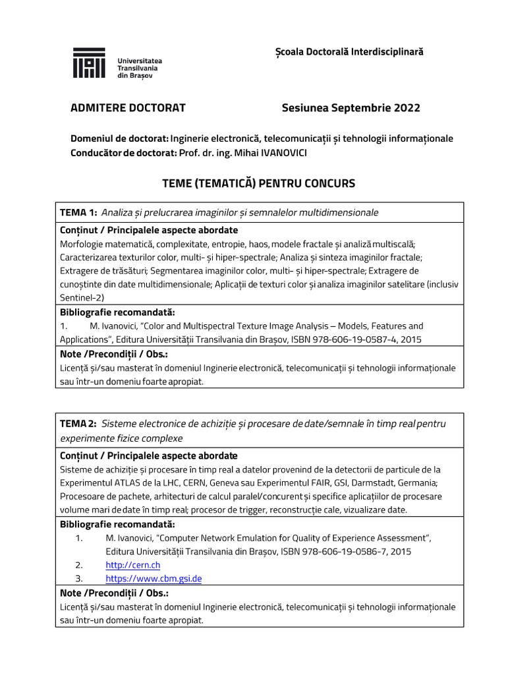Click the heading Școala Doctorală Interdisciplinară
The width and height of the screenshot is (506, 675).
(x=349, y=51)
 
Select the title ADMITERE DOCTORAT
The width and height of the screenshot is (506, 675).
(x=128, y=108)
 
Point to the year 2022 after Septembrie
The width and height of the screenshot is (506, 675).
(x=407, y=108)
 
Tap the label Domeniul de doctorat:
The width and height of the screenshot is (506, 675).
(x=119, y=139)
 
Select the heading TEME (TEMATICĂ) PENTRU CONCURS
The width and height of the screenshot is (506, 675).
(x=258, y=183)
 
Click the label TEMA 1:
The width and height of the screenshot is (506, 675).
(x=79, y=212)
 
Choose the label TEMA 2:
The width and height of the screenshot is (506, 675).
(x=79, y=423)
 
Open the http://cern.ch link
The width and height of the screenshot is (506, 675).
(x=132, y=565)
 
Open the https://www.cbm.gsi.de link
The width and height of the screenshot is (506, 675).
(x=154, y=579)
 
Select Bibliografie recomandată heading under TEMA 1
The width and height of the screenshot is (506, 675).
(x=117, y=312)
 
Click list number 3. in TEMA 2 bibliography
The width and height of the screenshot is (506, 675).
(x=79, y=579)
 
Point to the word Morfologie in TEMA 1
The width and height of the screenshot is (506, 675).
(x=82, y=244)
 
